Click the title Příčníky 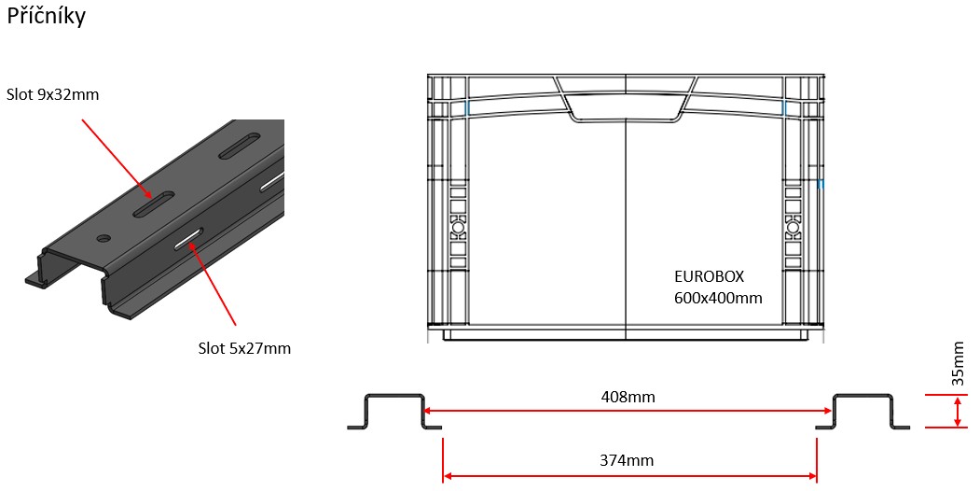pyautogui.click(x=46, y=17)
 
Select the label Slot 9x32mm pyautogui.click(x=52, y=94)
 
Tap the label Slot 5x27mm pyautogui.click(x=244, y=348)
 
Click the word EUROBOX pyautogui.click(x=709, y=277)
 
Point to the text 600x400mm pyautogui.click(x=718, y=298)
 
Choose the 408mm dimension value pyautogui.click(x=628, y=397)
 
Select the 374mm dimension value pyautogui.click(x=628, y=460)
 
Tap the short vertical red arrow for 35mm pyautogui.click(x=959, y=412)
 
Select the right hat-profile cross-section pyautogui.click(x=863, y=411)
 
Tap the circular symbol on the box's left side pyautogui.click(x=457, y=226)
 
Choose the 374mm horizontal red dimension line pyautogui.click(x=541, y=476)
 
